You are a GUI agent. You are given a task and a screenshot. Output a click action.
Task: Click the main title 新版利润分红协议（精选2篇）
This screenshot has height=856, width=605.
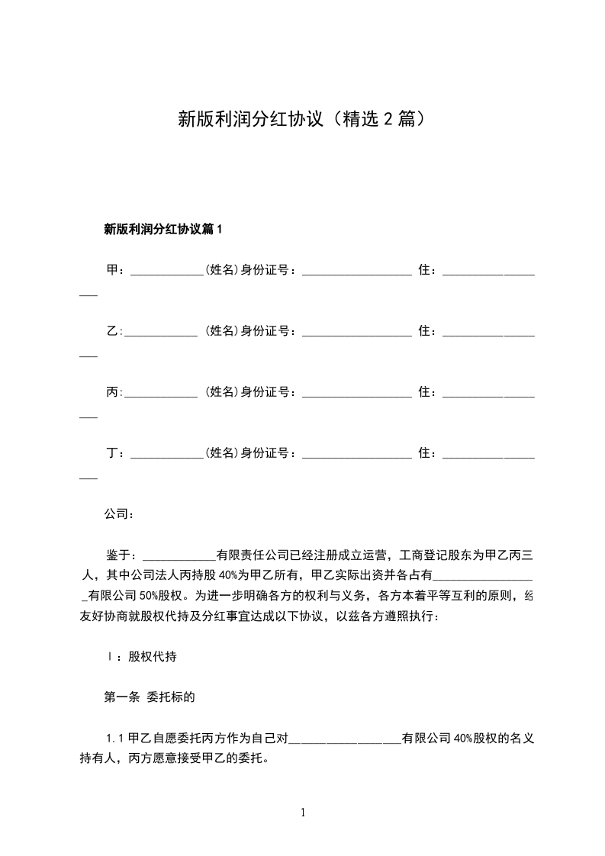click(301, 119)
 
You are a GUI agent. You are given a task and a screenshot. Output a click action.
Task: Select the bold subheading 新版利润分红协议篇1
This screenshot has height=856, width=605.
click(163, 228)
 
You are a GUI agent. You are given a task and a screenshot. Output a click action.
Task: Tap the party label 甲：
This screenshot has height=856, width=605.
click(116, 270)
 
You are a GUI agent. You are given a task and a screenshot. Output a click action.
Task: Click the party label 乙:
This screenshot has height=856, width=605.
click(114, 331)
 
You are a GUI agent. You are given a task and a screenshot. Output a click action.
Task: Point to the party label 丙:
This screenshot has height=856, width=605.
click(114, 392)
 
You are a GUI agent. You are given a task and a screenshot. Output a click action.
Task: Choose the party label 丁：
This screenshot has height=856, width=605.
click(116, 453)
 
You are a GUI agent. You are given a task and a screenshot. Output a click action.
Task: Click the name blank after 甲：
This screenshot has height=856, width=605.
click(166, 272)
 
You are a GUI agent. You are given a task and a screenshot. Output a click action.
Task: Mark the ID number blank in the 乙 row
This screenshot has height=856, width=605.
click(356, 333)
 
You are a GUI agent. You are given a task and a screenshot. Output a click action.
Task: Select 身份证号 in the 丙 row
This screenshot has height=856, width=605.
click(268, 392)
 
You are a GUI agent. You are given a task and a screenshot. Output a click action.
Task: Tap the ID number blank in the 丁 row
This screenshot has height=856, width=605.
click(356, 455)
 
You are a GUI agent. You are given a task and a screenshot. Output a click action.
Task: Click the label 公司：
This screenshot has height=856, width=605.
click(119, 514)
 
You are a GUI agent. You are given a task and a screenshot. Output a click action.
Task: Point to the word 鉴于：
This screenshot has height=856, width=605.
click(121, 555)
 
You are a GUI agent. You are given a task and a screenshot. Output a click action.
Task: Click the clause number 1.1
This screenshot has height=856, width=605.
click(116, 739)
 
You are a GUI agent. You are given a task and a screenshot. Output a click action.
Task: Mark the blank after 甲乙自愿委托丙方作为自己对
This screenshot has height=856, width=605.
click(344, 740)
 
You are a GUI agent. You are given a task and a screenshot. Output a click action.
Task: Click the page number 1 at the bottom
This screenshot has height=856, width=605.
click(303, 813)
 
